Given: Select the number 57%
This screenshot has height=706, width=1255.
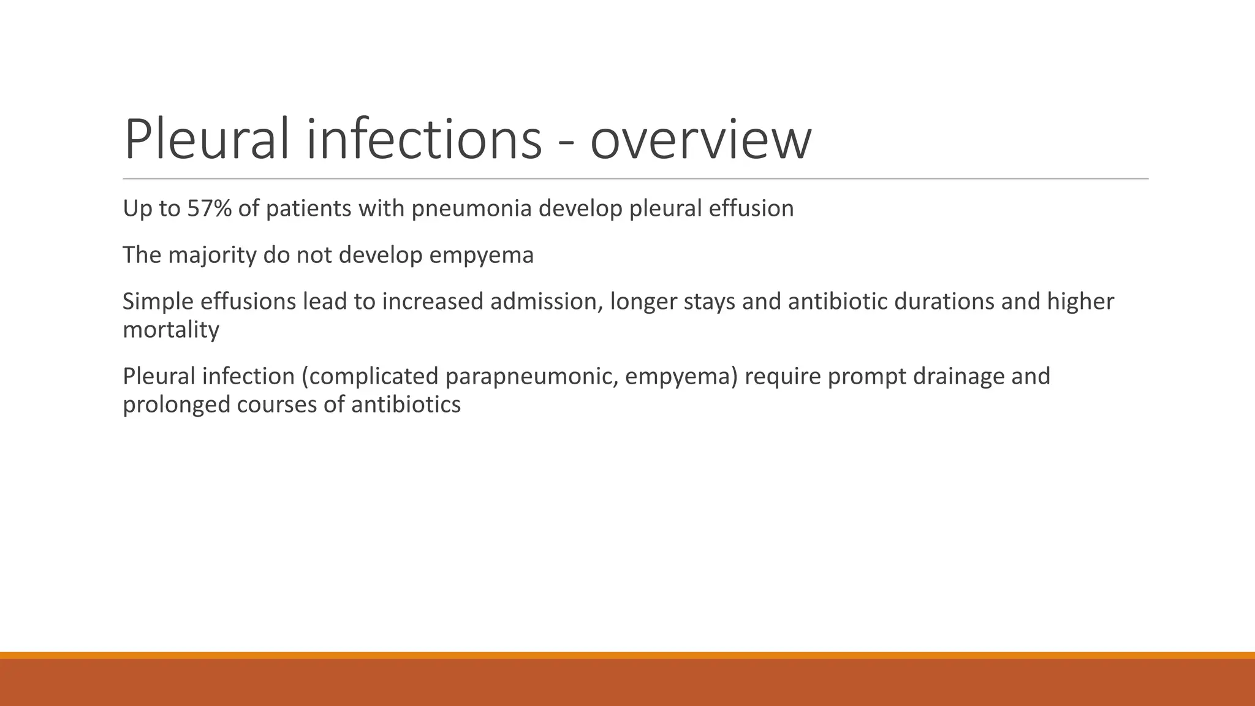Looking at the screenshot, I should [210, 209].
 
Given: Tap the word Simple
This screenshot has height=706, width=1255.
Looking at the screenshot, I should [157, 302].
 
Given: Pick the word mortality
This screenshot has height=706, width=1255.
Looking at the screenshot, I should [171, 330].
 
